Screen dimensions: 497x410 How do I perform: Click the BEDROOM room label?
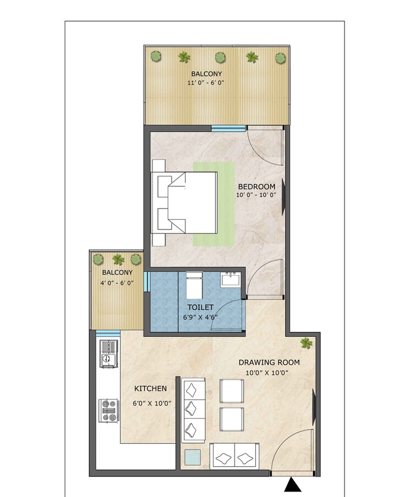pos(256,187)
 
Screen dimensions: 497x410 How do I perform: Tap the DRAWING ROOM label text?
pos(269,362)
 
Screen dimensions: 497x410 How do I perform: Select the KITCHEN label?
pos(150,389)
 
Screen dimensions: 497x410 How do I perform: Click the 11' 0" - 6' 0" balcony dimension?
pos(207,83)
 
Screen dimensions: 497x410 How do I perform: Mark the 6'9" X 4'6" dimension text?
pos(201,318)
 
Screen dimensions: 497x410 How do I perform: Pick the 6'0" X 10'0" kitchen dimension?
pos(151,403)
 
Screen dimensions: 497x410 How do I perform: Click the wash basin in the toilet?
pos(230,280)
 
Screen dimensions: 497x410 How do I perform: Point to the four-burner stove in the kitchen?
pos(109,409)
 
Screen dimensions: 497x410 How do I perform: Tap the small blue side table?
pos(193,457)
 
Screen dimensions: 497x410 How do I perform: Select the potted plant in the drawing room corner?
pos(307,343)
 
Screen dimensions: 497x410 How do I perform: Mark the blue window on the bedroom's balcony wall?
pos(228,129)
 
